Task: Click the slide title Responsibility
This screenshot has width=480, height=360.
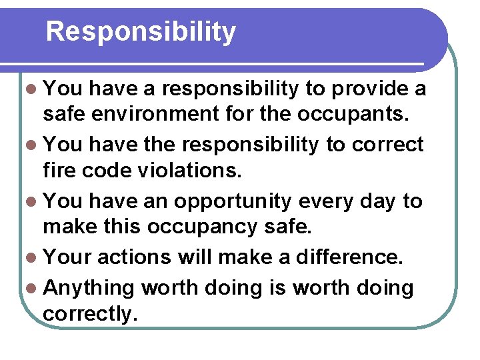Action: [x=141, y=32]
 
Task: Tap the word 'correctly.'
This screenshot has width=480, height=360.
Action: [x=91, y=315]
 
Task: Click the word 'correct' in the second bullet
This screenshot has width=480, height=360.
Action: [x=389, y=145]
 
